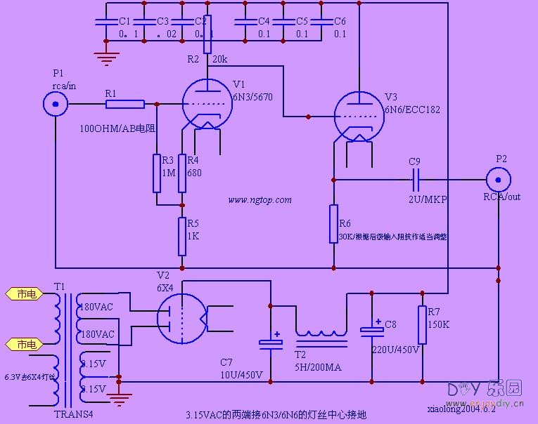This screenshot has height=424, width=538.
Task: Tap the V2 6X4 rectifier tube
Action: [x=181, y=317]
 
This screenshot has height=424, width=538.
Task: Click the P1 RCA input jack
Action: [x=55, y=105]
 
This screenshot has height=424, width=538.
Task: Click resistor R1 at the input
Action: [x=125, y=105]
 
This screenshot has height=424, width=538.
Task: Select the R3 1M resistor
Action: [x=157, y=173]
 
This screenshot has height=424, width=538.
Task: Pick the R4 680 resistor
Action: [x=182, y=173]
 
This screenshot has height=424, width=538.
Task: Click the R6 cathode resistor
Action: [x=334, y=223]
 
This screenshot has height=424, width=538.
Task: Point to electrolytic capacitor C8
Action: [x=371, y=330]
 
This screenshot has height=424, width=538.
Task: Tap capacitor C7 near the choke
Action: [x=270, y=343]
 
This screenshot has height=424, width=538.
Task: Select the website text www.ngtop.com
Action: [x=260, y=200]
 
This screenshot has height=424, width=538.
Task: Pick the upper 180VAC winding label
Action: [x=97, y=307]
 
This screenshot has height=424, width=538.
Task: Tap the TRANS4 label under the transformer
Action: [x=74, y=413]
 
